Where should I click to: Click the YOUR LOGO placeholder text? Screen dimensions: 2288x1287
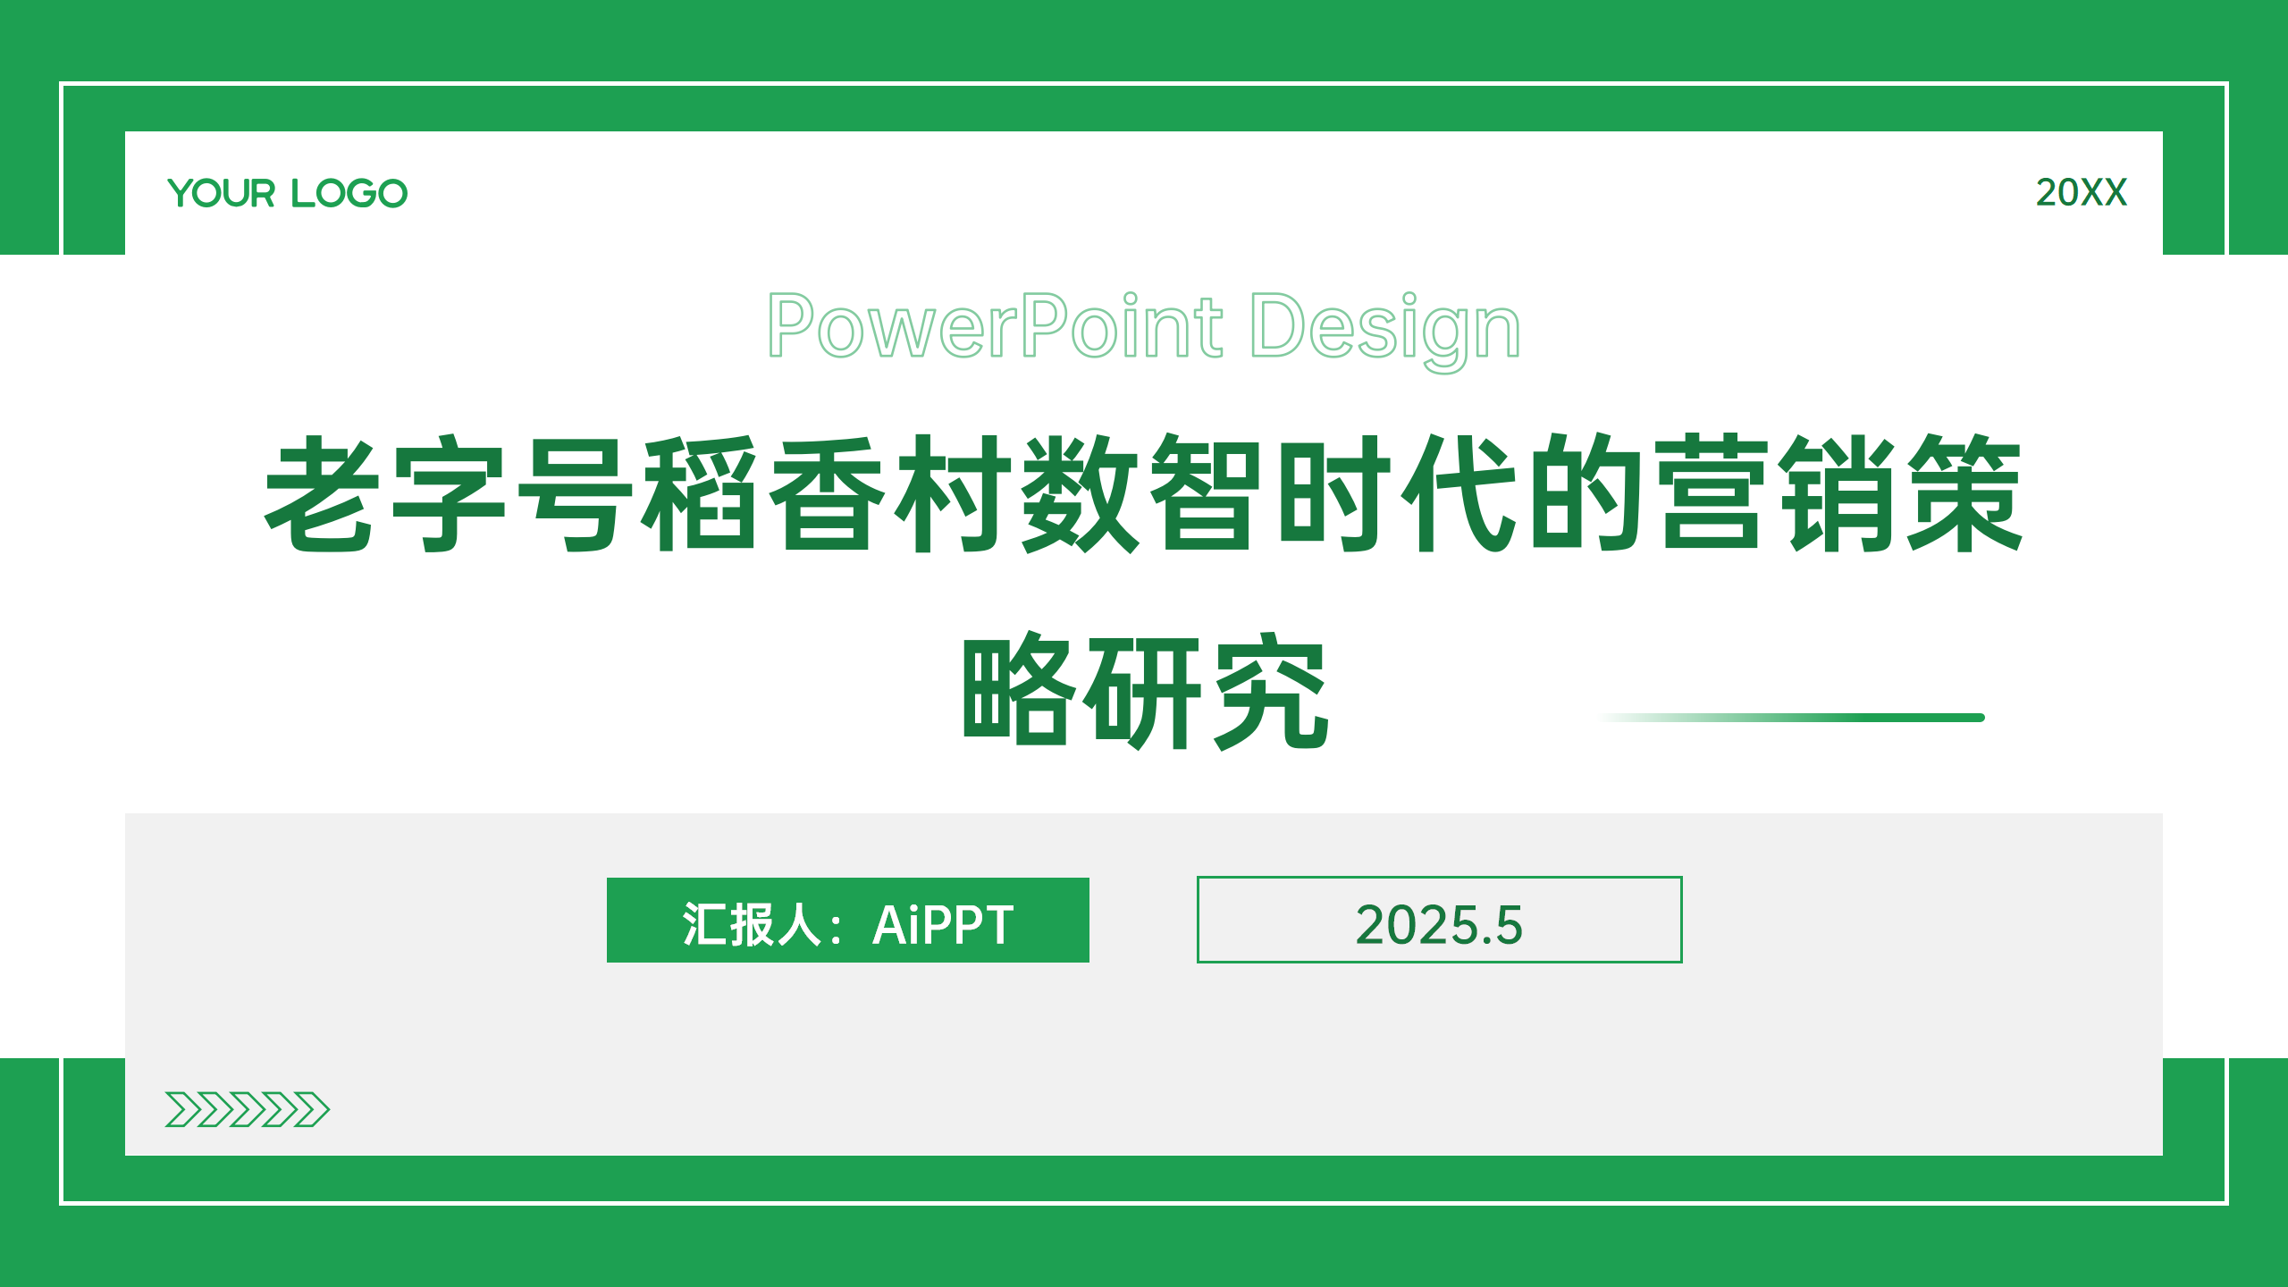click(x=288, y=193)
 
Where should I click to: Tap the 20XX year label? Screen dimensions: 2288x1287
click(x=2081, y=193)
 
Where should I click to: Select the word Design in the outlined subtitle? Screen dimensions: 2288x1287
click(x=1384, y=331)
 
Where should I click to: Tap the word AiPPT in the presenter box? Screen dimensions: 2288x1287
click(x=943, y=925)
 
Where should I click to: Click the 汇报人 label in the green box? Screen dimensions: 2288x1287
click(x=751, y=924)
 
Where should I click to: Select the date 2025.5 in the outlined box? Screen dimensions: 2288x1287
click(x=1439, y=925)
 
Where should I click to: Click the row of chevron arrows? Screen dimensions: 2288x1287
click(x=248, y=1109)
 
